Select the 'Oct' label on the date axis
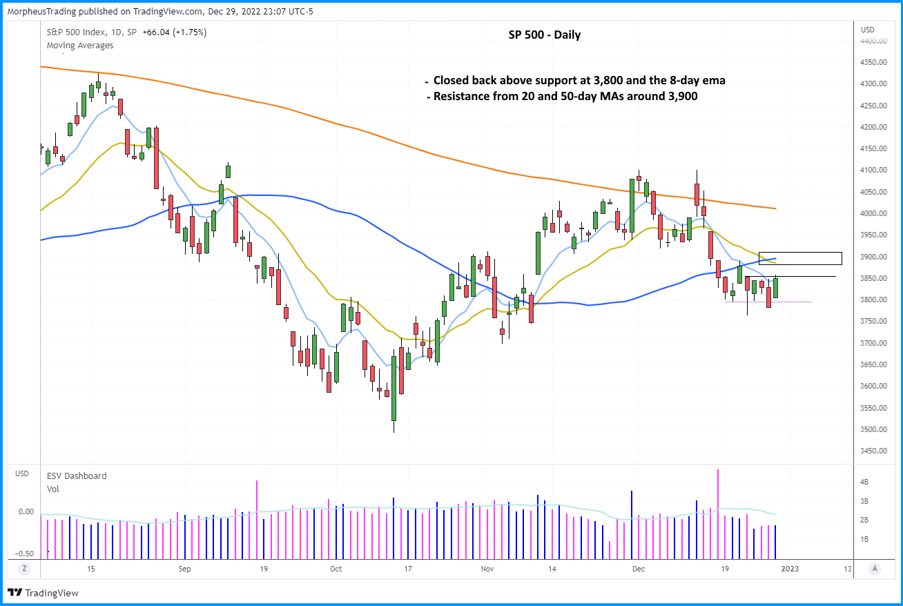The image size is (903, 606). coord(336,569)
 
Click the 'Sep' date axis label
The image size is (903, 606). coord(184,569)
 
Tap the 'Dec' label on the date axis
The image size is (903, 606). coord(639,569)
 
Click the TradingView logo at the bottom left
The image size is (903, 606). coord(43,592)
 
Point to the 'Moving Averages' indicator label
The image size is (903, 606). coord(80,46)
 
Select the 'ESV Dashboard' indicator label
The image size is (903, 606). coord(77,476)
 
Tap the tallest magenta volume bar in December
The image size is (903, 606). coord(719,514)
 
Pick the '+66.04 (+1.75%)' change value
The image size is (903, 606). coord(175,32)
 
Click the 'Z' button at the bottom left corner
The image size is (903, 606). coord(24,569)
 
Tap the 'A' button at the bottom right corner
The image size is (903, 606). coord(875,569)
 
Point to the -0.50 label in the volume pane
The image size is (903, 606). coord(26,554)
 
